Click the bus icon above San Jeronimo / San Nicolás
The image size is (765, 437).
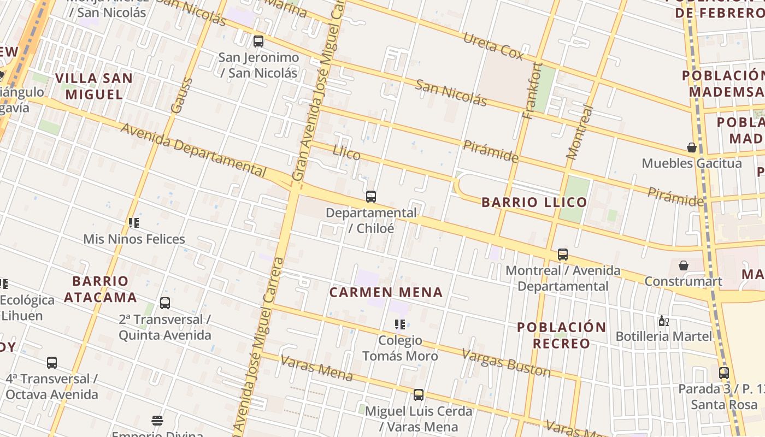coord(258,41)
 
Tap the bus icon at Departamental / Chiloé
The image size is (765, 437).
coord(371,197)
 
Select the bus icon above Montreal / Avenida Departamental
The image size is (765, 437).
coord(563,255)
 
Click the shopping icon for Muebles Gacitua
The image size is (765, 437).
coord(692,147)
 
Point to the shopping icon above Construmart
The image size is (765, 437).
coord(683,265)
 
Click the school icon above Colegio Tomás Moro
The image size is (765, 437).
coord(400,324)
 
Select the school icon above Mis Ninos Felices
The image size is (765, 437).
coord(134,223)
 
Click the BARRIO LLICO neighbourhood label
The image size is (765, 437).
coord(534,202)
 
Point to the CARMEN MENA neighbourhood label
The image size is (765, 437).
coord(386,292)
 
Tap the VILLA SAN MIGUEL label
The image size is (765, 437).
coord(95,86)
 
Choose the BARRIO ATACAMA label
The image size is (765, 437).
coord(101,289)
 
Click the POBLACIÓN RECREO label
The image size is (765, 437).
coord(562,335)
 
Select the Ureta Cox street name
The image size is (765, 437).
coord(493,46)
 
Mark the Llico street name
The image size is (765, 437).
coord(346,153)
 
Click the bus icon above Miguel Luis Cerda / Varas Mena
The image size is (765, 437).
coord(419,394)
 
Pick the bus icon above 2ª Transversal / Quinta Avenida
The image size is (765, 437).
coord(165,303)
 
